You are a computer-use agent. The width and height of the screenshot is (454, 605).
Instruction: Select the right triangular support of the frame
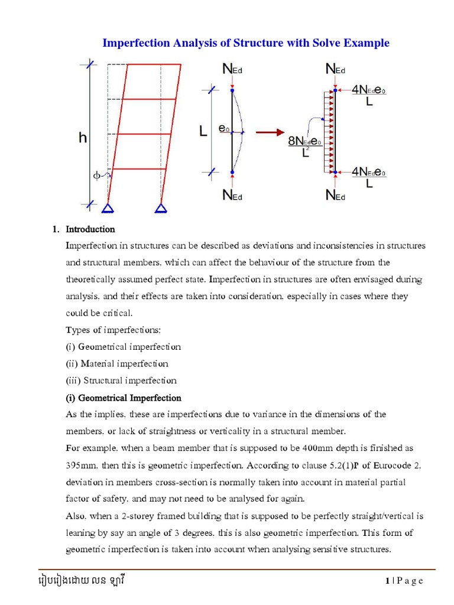161,207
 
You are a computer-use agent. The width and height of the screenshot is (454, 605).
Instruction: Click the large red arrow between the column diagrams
272,132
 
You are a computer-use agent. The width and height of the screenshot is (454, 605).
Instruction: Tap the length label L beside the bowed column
203,132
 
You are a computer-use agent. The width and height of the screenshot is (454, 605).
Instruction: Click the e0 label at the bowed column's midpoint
223,128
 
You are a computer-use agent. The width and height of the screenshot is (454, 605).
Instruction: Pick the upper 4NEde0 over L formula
369,95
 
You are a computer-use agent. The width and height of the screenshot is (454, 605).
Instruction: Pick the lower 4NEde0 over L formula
369,177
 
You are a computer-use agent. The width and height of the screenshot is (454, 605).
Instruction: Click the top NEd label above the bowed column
232,70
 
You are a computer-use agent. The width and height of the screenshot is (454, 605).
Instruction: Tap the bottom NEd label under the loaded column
335,196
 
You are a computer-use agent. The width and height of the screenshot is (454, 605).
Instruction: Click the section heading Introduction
90,229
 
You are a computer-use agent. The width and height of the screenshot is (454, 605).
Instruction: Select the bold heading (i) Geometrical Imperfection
124,398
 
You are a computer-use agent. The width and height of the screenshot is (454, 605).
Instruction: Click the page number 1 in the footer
387,581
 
